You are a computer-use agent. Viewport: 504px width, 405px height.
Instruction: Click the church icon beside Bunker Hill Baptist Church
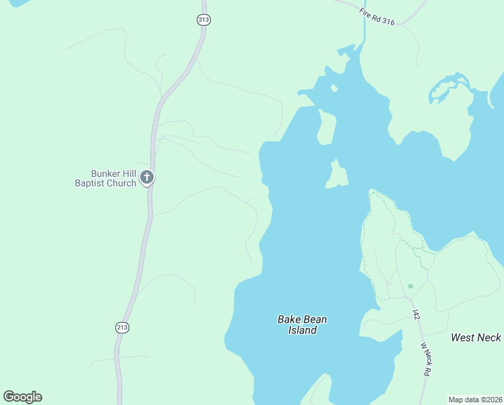tap(147, 178)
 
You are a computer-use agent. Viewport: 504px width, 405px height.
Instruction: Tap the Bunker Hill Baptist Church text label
tap(105, 178)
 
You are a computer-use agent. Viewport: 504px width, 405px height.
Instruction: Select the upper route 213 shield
tap(204, 20)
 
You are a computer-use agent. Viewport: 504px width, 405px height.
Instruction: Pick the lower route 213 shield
tap(122, 327)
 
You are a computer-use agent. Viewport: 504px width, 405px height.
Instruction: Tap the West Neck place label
tap(476, 337)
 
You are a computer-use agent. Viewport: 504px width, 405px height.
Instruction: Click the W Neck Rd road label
tap(427, 359)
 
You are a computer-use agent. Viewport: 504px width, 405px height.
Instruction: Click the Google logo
tap(23, 397)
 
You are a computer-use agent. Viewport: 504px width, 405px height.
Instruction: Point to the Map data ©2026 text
tap(475, 400)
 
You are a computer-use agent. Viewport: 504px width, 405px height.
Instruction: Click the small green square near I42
tap(410, 286)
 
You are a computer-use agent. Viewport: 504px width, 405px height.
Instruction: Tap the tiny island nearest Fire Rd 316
tap(334, 88)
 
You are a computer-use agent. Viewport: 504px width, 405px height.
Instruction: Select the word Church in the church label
tap(120, 184)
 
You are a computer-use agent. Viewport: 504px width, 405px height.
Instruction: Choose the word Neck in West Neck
tap(489, 337)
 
